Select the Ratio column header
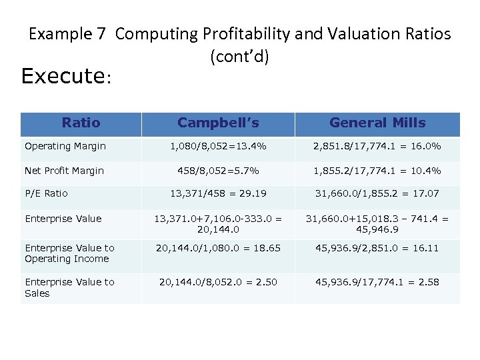[81, 123]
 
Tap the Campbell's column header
[218, 123]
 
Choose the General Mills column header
[377, 123]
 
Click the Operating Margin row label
[65, 146]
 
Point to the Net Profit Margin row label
[64, 171]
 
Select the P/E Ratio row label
[46, 193]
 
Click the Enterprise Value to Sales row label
[69, 287]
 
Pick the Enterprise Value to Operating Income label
[69, 253]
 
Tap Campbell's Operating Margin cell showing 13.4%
[218, 146]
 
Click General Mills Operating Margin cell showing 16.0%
[377, 146]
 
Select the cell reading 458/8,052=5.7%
[218, 171]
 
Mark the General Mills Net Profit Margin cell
[377, 171]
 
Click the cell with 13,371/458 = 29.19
[218, 193]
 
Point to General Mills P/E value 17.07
[377, 193]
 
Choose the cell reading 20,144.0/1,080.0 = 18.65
[218, 247]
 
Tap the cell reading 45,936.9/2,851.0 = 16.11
[377, 247]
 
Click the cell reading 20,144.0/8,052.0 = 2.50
[218, 282]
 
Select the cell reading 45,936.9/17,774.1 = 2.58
[377, 282]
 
